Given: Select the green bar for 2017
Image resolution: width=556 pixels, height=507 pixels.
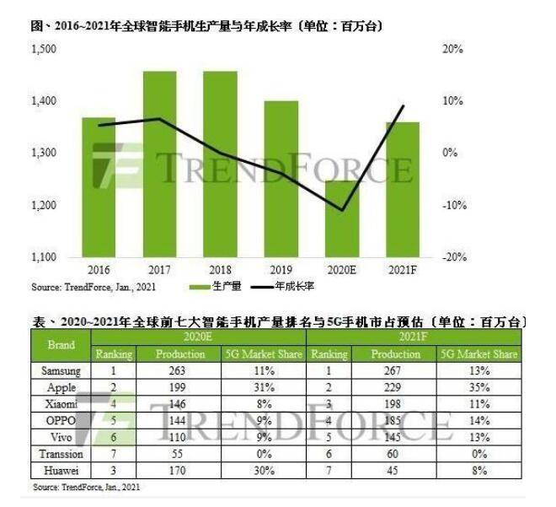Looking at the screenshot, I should (159, 165).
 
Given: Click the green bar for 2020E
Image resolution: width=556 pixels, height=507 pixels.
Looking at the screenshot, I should (342, 219).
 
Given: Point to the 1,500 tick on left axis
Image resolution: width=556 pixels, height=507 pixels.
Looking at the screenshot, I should (43, 50).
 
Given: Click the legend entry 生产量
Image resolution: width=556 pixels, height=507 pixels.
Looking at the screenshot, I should (224, 287).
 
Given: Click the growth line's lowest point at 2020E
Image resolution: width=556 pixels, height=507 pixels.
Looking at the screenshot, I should (342, 210).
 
